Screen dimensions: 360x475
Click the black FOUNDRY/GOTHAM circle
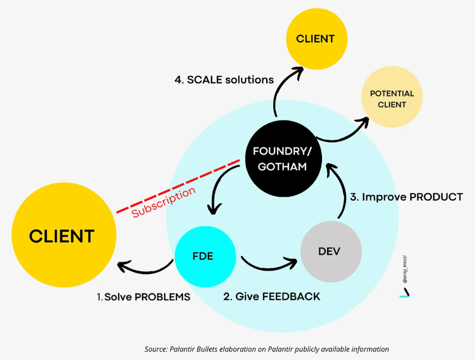pos(279,158)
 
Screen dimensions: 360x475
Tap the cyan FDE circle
pos(202,256)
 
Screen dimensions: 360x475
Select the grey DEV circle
pos(331,251)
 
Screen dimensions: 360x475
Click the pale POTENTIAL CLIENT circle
pos(392,99)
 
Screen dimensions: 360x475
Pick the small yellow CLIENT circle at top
pos(316,39)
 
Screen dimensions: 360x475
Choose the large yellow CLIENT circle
pos(62,236)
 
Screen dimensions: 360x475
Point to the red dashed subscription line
pos(177,186)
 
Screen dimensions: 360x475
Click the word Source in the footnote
pos(156,349)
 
